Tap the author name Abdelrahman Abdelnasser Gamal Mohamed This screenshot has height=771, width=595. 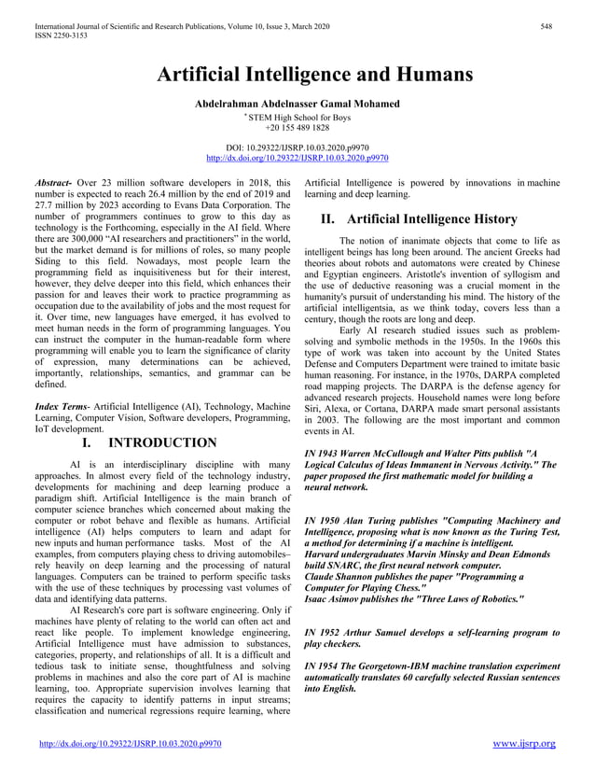click(297, 103)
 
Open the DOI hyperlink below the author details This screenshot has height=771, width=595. click(297, 159)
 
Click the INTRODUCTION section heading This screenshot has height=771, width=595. click(164, 442)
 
